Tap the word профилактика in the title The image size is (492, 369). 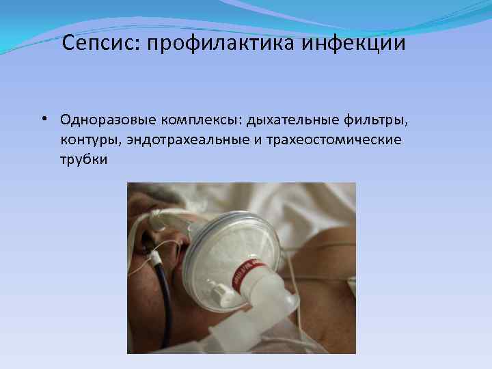click(217, 44)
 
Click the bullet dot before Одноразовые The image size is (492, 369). click(42, 120)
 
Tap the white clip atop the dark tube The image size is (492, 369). click(157, 258)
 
